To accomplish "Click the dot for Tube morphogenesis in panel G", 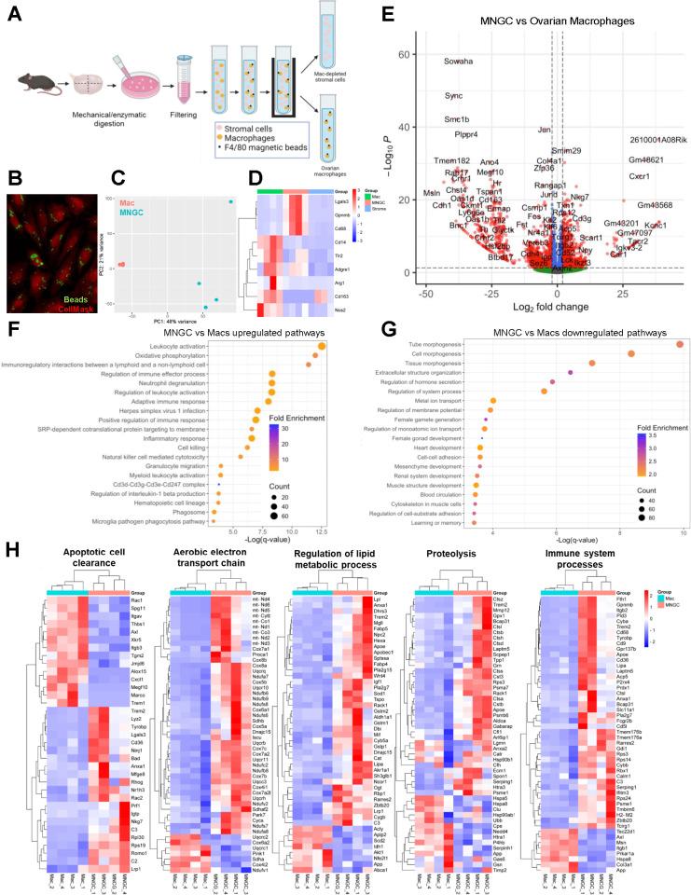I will pyautogui.click(x=679, y=345).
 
